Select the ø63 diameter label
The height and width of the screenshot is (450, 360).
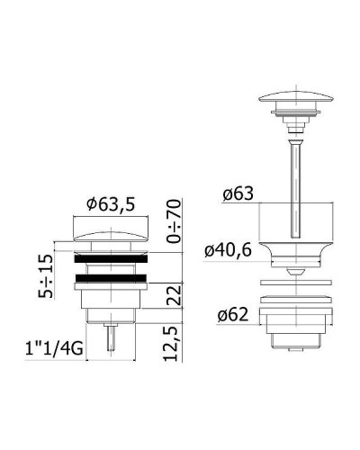238,193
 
